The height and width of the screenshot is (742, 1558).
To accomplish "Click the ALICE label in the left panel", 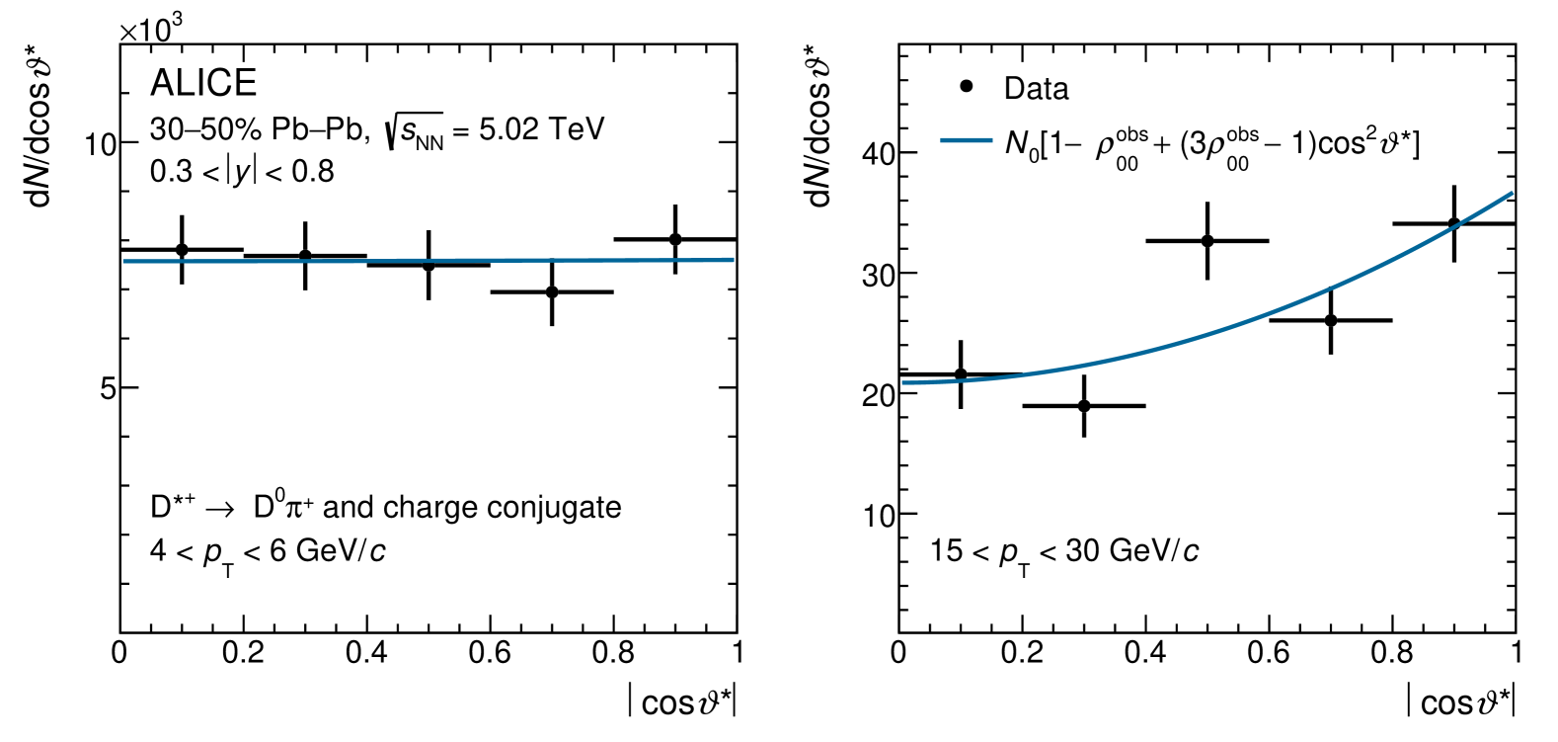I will click(x=203, y=83).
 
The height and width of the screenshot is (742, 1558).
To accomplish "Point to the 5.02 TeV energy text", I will click(x=541, y=129).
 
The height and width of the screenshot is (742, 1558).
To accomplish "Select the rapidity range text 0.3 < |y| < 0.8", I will click(x=242, y=172).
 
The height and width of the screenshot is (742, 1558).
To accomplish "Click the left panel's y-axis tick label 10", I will click(x=100, y=145).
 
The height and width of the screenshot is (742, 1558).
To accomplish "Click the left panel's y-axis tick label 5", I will click(x=108, y=389).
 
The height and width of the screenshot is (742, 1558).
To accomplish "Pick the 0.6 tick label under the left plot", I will click(x=490, y=653).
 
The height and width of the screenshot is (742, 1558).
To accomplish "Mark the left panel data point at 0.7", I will click(x=552, y=291).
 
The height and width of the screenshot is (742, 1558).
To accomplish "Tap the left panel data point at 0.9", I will click(x=675, y=239).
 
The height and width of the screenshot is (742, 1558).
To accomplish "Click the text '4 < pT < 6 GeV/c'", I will click(x=268, y=551).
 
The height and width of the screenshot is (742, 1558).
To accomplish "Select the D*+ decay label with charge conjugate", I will click(x=385, y=508).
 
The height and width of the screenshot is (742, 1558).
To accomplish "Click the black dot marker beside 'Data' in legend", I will click(x=967, y=87).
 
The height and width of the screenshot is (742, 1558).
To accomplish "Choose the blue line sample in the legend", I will click(x=966, y=141).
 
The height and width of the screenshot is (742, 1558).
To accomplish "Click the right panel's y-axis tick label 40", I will click(x=878, y=154).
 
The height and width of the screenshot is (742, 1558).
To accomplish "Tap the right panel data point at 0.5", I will click(x=1207, y=241).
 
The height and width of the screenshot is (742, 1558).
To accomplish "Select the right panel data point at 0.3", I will click(x=1084, y=406).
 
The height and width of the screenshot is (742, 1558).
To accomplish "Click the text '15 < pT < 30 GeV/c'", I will click(x=1064, y=551).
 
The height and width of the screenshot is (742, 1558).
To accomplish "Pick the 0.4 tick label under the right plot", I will click(x=1144, y=653).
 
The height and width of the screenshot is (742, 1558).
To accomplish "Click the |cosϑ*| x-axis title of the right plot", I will click(x=1460, y=701).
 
